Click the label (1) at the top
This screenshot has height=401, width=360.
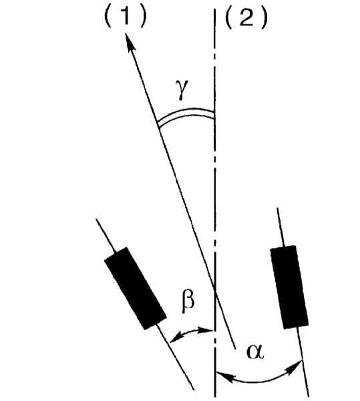point(126,18)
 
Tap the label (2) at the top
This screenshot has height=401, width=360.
point(246,19)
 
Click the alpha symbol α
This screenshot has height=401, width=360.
point(255,352)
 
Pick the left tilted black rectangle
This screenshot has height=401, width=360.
point(136,288)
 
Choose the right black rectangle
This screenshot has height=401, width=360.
point(289,287)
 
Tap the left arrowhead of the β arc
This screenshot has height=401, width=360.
point(175,338)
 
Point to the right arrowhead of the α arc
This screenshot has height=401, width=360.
point(295,367)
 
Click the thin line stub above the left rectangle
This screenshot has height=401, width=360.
point(106,235)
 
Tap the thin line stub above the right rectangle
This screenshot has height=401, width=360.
point(281,227)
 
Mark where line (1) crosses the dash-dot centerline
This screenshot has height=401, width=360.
point(215,289)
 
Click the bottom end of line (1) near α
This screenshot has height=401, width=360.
point(235,348)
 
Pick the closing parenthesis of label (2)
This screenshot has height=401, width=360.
point(264,19)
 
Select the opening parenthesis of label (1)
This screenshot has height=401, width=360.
point(108,18)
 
